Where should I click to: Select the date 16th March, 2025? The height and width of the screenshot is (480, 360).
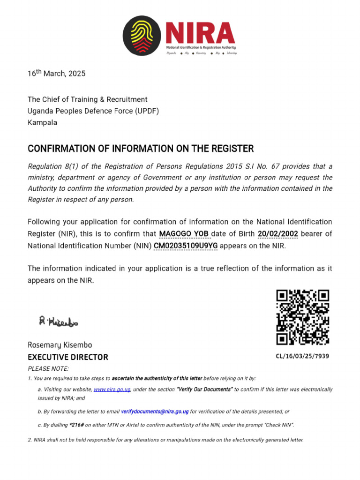[57, 74]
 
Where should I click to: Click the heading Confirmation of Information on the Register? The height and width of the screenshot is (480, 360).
[141, 149]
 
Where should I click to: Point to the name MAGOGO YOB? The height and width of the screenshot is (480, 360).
[184, 234]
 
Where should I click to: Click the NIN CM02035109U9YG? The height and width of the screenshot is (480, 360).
[186, 246]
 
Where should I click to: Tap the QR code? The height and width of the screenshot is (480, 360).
[302, 317]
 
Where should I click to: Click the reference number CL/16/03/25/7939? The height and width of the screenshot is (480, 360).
[302, 356]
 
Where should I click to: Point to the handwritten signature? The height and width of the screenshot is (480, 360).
[59, 322]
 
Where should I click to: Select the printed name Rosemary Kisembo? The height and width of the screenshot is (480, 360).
[60, 345]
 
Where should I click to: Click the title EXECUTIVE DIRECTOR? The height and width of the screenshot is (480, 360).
[67, 357]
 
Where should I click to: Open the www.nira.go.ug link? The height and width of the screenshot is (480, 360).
[112, 390]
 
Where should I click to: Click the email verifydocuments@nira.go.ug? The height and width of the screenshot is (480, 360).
[155, 412]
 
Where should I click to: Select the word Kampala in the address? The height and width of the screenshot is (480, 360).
[42, 123]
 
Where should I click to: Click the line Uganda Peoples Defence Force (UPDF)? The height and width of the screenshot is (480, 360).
[93, 111]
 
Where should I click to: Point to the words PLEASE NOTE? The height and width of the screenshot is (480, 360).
[48, 369]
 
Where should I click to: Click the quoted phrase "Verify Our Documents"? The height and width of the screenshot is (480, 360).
[204, 390]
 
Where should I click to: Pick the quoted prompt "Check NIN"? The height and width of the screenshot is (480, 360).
[278, 425]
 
